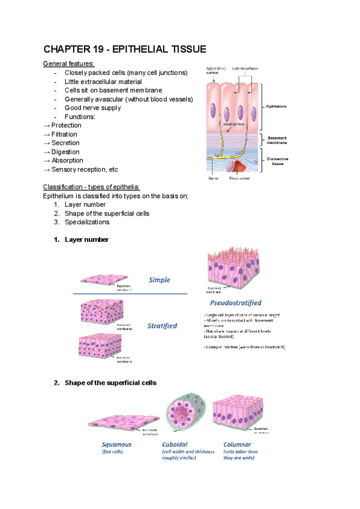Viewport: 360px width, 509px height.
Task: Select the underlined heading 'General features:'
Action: pos(68,64)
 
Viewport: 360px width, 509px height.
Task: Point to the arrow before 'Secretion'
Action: pos(47,143)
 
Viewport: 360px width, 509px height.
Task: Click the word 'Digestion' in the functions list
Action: pos(67,152)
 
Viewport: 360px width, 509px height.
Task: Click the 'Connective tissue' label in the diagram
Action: pos(277,160)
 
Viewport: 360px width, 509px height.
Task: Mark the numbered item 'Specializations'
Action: pos(87,222)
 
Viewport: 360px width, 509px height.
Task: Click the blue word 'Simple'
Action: pos(160,280)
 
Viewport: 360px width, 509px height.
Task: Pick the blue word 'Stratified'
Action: pos(162,326)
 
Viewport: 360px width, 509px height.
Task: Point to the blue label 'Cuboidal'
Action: pos(176,445)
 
